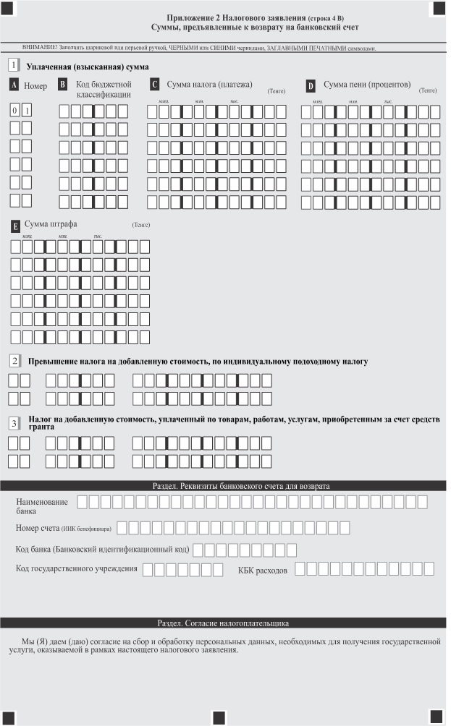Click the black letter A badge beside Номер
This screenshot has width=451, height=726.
click(x=14, y=85)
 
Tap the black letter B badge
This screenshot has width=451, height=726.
click(x=63, y=85)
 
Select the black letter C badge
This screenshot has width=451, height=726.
click(x=155, y=85)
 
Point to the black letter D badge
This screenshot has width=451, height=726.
click(x=311, y=86)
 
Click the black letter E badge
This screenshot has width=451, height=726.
click(x=16, y=225)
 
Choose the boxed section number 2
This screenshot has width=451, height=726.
click(x=14, y=360)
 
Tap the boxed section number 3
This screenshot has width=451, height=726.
click(x=14, y=423)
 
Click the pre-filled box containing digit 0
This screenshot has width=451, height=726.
click(x=14, y=111)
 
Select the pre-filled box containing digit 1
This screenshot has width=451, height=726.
click(x=27, y=111)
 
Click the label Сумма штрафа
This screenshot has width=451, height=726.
click(x=51, y=224)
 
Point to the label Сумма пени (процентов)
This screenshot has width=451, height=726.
click(x=368, y=85)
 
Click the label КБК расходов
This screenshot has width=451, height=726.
click(x=263, y=570)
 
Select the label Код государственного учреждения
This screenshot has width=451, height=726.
click(x=77, y=569)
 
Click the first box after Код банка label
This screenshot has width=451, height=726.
click(x=198, y=550)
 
